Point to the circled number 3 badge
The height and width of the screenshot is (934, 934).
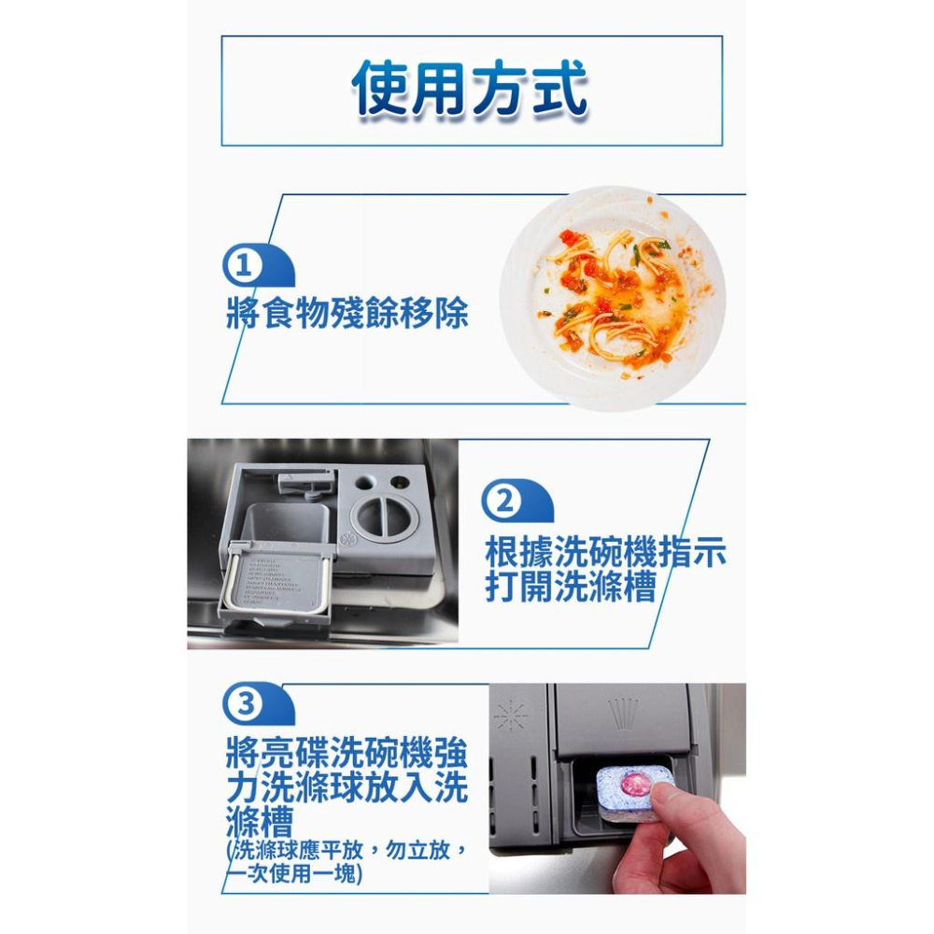click(245, 704)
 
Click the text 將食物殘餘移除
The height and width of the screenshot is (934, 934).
click(347, 314)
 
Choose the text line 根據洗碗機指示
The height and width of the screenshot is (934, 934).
click(605, 553)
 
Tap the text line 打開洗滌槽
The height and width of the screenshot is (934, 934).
click(570, 588)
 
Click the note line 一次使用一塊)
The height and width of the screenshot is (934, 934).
click(294, 874)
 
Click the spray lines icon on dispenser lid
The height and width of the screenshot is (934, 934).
click(623, 714)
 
